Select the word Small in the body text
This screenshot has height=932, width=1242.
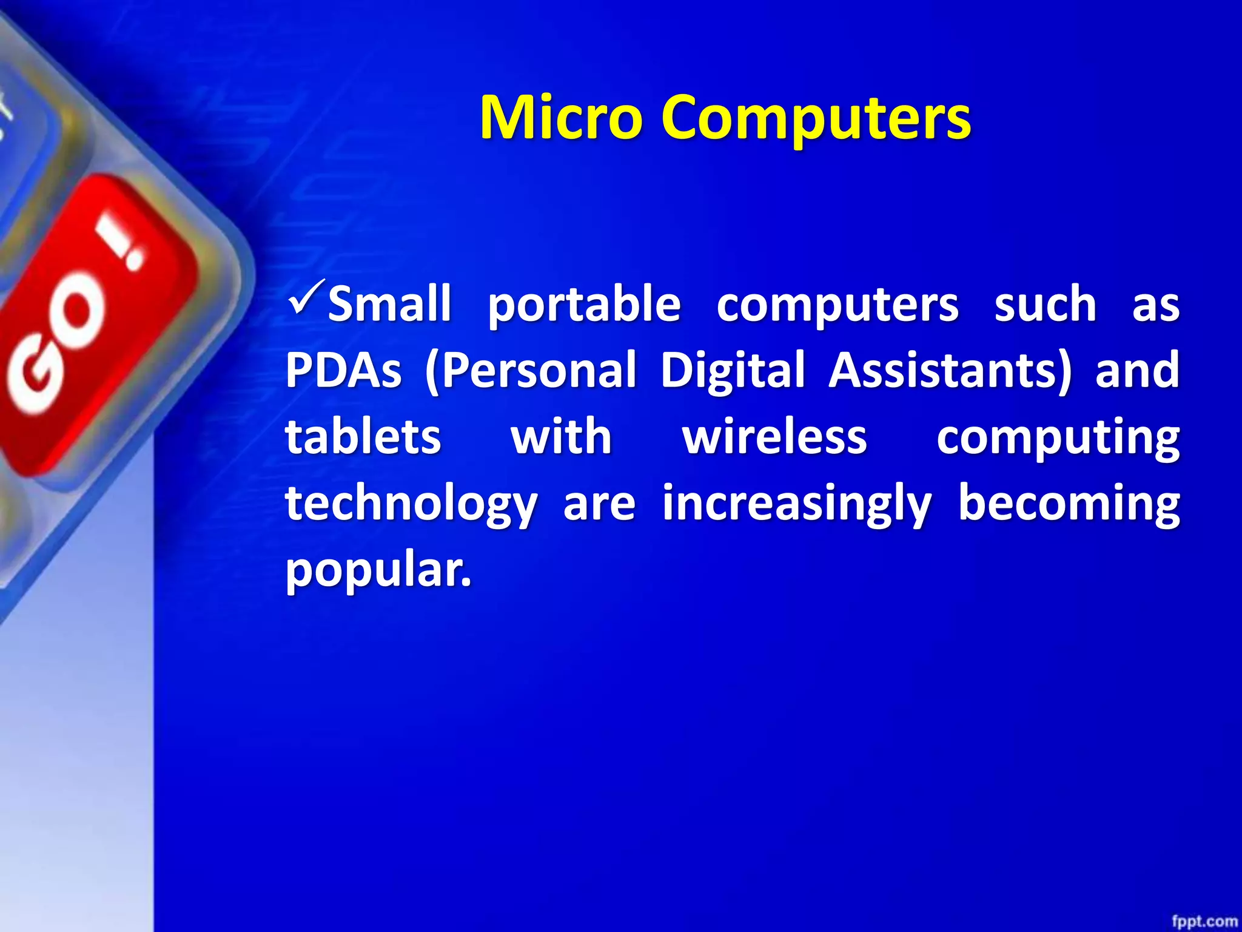pyautogui.click(x=389, y=303)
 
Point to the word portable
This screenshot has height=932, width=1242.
pyautogui.click(x=584, y=305)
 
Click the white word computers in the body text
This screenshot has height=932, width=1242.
pyautogui.click(x=837, y=305)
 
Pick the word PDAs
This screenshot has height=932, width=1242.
pyautogui.click(x=343, y=370)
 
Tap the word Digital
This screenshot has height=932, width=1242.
pyautogui.click(x=733, y=371)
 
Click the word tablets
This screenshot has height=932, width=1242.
pyautogui.click(x=363, y=436)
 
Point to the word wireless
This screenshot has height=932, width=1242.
pyautogui.click(x=774, y=437)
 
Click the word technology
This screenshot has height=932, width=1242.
pyautogui.click(x=411, y=504)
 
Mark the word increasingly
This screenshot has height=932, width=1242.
pyautogui.click(x=796, y=504)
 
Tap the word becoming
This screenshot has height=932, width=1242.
pyautogui.click(x=1069, y=504)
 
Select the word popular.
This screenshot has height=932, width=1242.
pyautogui.click(x=378, y=570)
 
